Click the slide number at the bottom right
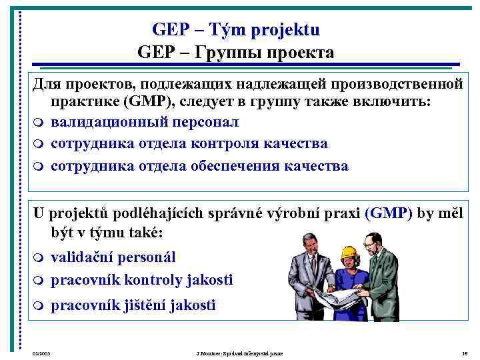tap(464, 353)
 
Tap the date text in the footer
tap(41, 353)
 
